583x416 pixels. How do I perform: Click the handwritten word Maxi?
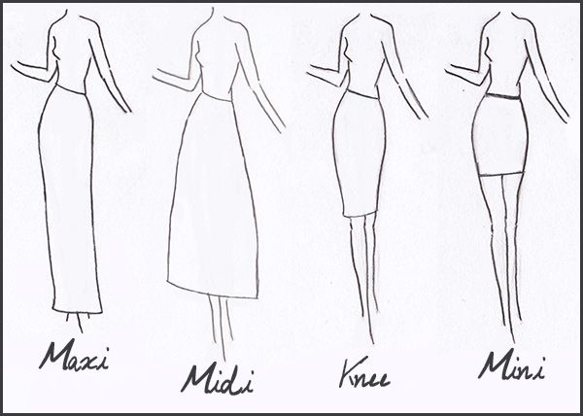[74, 357]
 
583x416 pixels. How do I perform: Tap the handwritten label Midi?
[217, 380]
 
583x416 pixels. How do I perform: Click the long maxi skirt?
[69, 199]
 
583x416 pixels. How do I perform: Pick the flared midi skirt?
[214, 197]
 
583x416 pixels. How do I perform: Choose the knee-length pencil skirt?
[360, 155]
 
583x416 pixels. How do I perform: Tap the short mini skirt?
[500, 136]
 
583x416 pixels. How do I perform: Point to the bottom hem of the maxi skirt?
[77, 312]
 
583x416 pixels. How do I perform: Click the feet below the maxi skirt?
[78, 323]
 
